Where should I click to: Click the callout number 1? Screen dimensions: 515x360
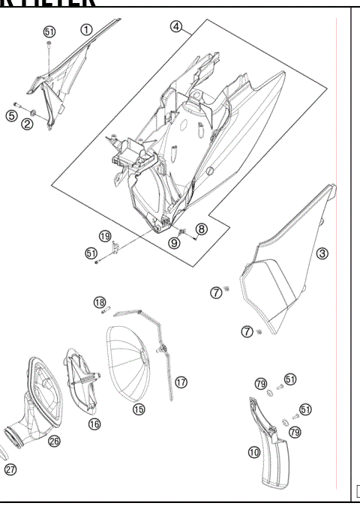point(86,30)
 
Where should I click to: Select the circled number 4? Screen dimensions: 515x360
point(176,26)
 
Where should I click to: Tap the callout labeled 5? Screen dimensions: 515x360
point(11,115)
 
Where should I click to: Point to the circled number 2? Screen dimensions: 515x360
point(27,124)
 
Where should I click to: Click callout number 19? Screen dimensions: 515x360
point(105,235)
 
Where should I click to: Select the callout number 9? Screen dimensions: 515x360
point(174,242)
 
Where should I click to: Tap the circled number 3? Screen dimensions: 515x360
point(322,253)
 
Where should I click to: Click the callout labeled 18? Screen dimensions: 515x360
point(100,301)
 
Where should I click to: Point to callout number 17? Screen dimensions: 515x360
point(181,382)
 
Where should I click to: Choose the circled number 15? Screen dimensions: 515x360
point(139,409)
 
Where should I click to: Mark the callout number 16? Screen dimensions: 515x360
point(94,424)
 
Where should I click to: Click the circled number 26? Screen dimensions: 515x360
point(54,442)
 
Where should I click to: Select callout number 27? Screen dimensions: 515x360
point(10,470)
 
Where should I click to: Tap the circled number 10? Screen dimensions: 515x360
point(254,452)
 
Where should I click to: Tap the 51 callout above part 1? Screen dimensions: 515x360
point(49,31)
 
